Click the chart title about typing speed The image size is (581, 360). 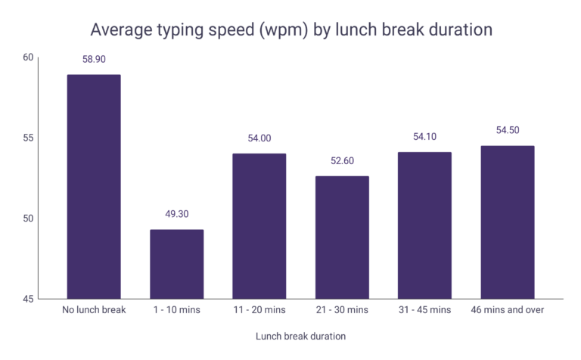[x=291, y=29]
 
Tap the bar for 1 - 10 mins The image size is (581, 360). [x=176, y=264]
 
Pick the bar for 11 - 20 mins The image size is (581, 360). [x=259, y=226]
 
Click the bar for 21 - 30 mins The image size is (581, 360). [x=342, y=237]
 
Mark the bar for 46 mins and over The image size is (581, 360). [x=508, y=222]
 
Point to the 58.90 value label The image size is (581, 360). [x=93, y=58]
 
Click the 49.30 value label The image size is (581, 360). [x=176, y=214]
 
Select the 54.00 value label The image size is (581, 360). [x=259, y=138]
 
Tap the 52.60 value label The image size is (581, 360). [x=342, y=160]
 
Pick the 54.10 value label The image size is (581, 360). [x=424, y=136]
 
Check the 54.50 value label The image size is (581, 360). [x=508, y=130]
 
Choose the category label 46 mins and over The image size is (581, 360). [x=508, y=310]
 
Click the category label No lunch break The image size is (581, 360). [x=93, y=310]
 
